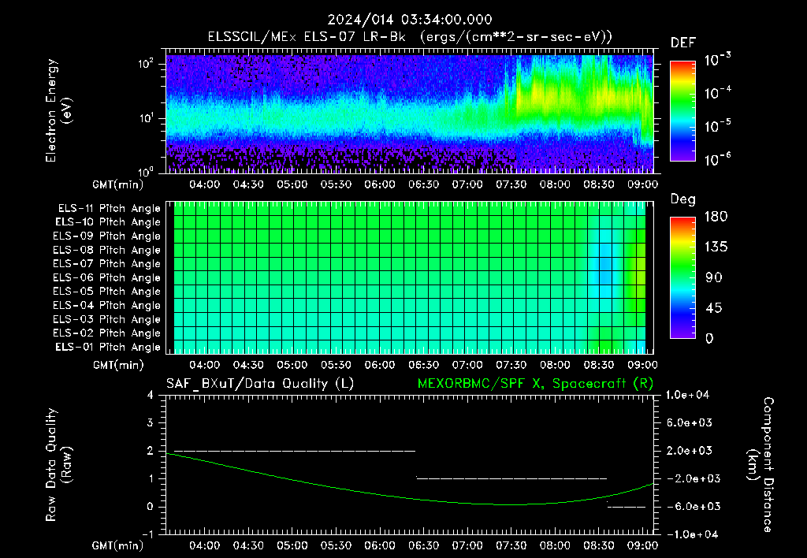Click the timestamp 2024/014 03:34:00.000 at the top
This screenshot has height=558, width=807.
(410, 20)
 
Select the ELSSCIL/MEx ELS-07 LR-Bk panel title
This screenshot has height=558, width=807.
(307, 37)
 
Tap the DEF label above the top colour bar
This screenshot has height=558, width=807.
(683, 43)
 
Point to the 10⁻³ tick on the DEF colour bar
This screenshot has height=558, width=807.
(717, 60)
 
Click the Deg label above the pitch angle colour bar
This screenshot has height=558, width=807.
(683, 199)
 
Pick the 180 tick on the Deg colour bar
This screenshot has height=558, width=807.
(716, 216)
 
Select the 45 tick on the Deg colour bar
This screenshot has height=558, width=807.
(712, 308)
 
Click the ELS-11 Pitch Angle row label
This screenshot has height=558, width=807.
(109, 209)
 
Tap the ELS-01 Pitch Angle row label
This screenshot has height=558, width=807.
(107, 347)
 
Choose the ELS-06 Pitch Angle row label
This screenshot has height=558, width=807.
(106, 278)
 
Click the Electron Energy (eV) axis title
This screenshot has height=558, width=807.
(58, 110)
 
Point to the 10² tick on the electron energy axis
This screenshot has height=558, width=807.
(146, 64)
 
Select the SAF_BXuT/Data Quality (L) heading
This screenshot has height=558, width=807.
(260, 384)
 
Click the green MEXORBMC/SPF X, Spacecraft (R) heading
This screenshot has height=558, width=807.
(535, 384)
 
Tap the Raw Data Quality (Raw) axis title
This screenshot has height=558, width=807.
(58, 465)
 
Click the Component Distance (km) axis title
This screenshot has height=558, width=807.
(761, 465)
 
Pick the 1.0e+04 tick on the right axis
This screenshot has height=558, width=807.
(687, 395)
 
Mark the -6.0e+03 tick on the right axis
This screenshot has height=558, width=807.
(690, 507)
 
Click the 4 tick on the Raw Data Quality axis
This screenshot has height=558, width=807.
(151, 395)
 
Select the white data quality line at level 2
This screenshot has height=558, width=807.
(295, 451)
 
